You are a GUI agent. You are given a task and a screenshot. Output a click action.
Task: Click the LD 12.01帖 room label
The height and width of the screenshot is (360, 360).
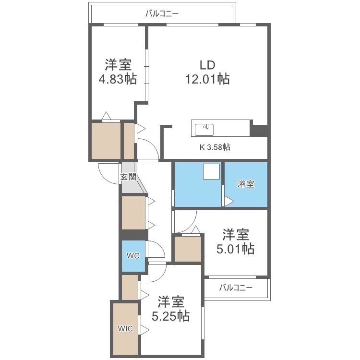[x=207, y=72]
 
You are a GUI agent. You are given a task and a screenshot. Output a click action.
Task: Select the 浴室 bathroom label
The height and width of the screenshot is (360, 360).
[x=246, y=184]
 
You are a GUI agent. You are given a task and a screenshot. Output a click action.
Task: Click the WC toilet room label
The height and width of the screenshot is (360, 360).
[x=133, y=255]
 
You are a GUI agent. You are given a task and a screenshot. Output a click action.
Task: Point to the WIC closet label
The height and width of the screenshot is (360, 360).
[x=126, y=329]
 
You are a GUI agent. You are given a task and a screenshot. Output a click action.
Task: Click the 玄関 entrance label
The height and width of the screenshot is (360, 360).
[x=128, y=177]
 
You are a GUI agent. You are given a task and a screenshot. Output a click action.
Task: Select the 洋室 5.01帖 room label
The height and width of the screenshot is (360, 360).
[x=235, y=242]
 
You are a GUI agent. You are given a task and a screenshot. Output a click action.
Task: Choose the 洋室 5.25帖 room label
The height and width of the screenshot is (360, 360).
[x=170, y=309]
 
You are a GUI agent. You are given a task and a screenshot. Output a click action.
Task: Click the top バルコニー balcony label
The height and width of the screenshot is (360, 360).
[x=162, y=13]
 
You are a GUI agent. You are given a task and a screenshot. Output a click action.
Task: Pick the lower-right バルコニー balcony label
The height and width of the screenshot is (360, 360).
[x=236, y=288]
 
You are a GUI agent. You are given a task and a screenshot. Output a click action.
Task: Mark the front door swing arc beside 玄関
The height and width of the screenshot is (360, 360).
[x=108, y=172]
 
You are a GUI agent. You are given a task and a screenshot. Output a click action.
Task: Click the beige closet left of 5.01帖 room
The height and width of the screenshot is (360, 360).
[x=188, y=249]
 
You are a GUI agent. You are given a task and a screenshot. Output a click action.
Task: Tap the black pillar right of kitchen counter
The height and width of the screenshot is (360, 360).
[x=259, y=130]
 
